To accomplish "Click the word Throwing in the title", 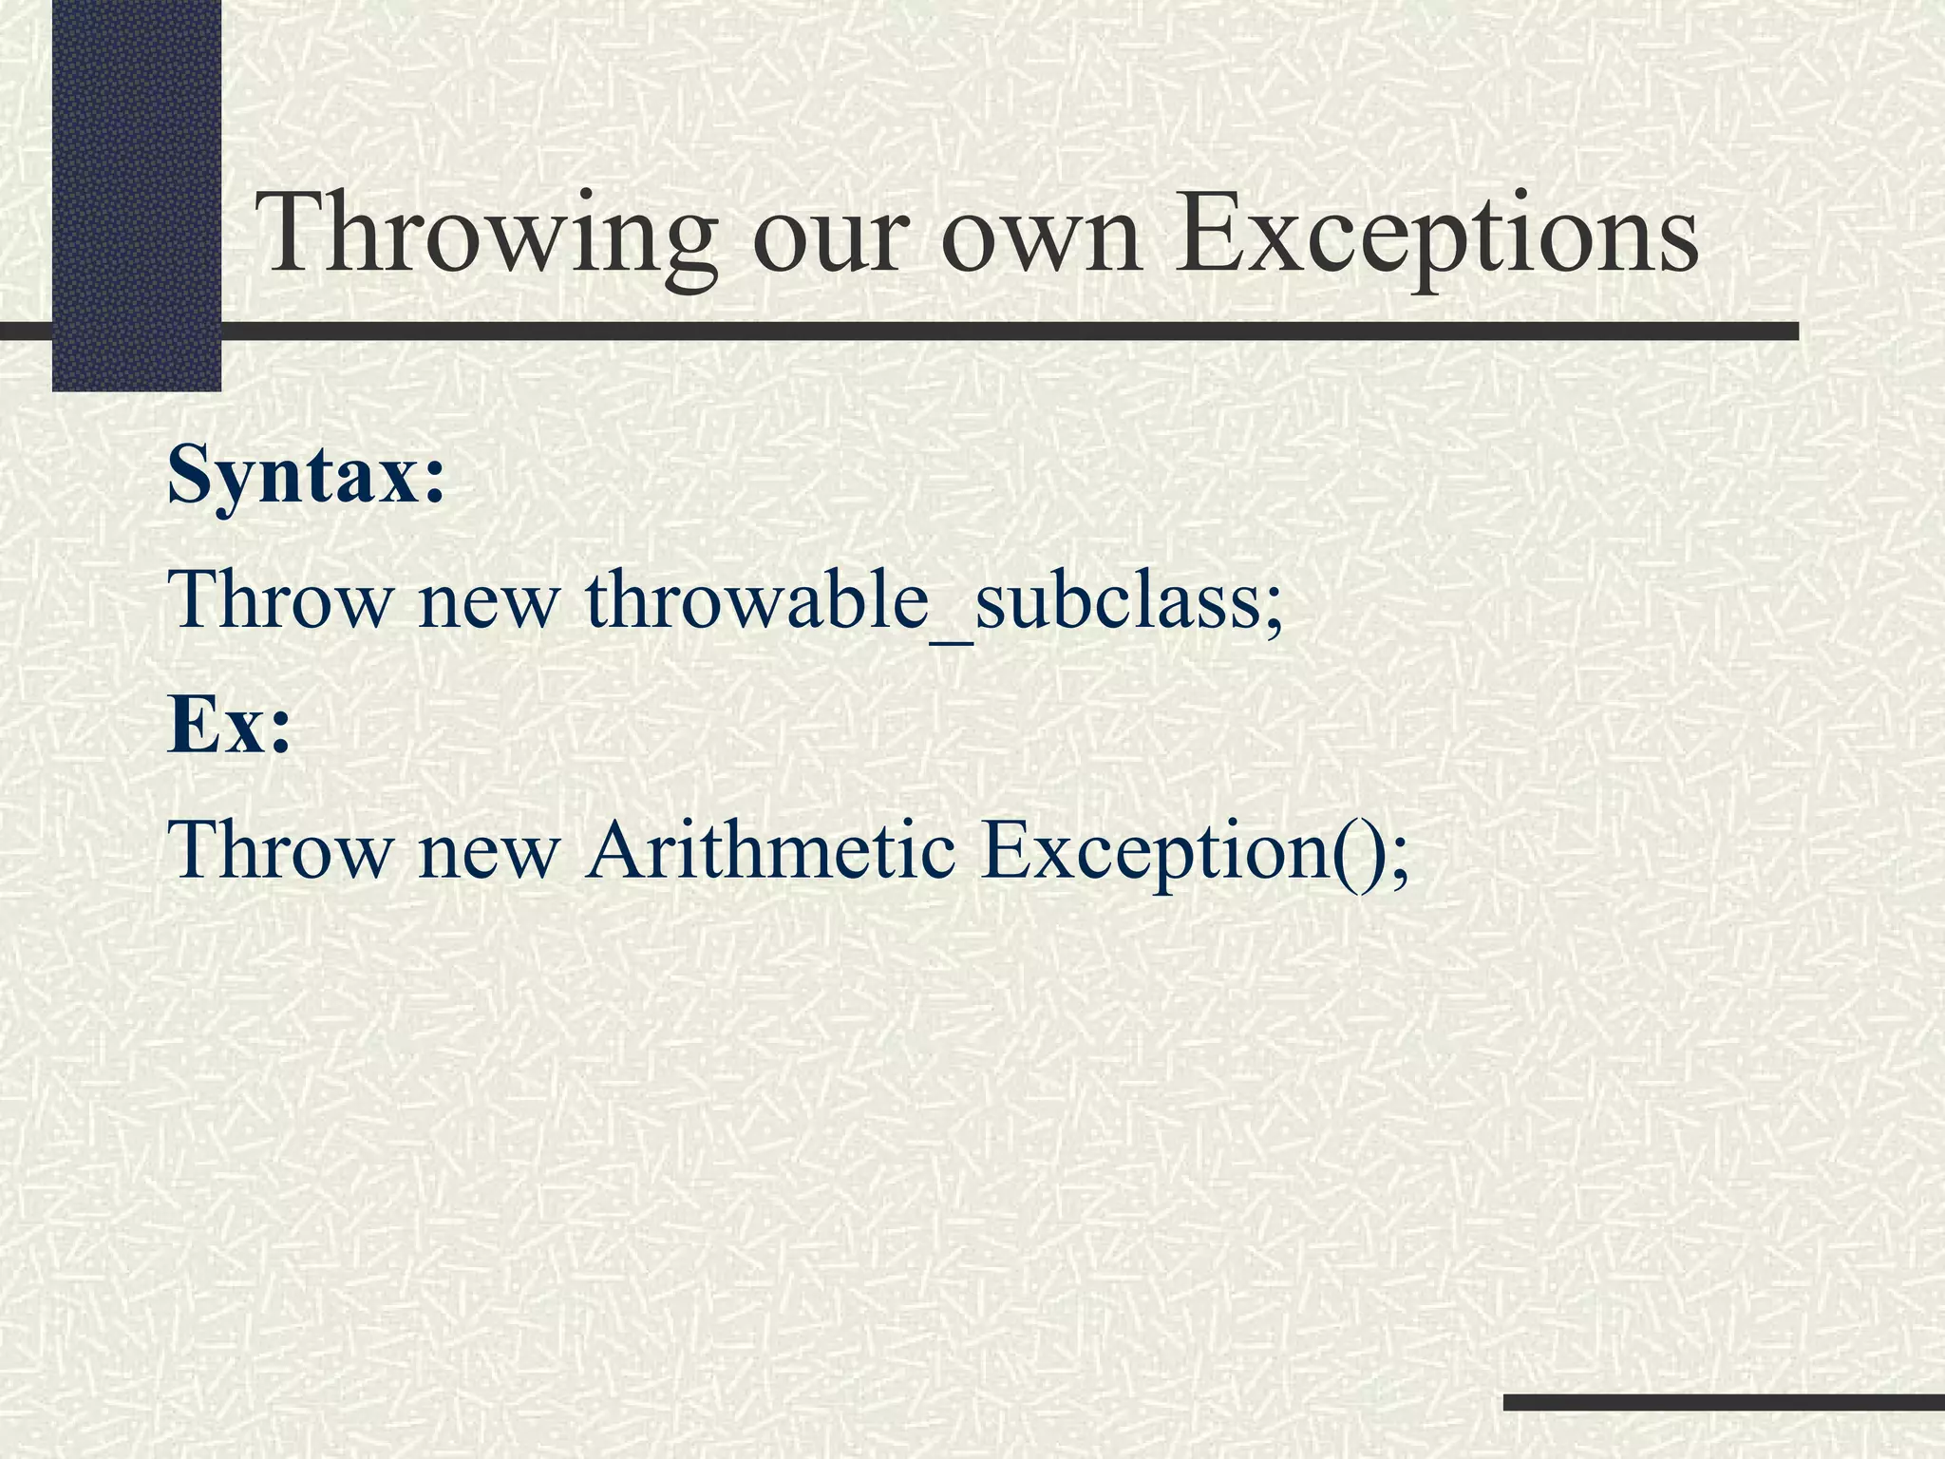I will pos(485,235).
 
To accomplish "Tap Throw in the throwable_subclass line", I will pos(280,600).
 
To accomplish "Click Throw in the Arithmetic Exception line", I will pos(280,848).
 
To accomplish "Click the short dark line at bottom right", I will pos(1724,1402).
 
